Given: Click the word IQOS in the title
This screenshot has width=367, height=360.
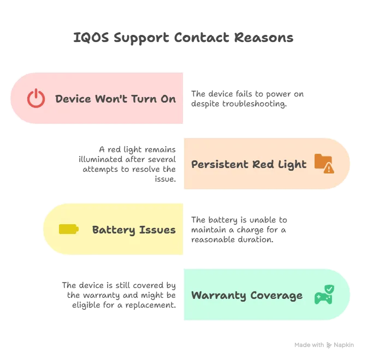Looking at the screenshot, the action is (x=91, y=38).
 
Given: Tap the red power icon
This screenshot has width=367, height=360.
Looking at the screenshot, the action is (x=36, y=98).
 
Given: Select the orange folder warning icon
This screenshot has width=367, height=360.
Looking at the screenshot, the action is (x=324, y=164).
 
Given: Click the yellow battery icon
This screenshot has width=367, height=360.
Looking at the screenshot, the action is (x=69, y=229).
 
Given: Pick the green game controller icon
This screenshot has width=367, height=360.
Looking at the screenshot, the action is (x=324, y=295).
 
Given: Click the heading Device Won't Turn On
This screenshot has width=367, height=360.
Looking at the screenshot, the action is (x=115, y=99).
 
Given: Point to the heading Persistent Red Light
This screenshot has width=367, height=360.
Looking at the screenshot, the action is (x=249, y=165).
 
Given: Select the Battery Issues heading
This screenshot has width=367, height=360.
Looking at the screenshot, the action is (x=134, y=230).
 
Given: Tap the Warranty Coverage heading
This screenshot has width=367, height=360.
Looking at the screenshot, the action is (x=247, y=296).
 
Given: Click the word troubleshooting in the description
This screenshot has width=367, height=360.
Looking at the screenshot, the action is (x=254, y=104).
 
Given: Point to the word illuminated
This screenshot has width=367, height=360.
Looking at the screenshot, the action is (x=100, y=159).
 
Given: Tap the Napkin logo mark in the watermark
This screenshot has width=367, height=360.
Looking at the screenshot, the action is (x=329, y=345).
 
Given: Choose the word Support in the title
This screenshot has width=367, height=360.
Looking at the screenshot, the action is (x=141, y=38).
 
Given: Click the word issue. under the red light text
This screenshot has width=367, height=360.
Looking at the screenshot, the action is (x=165, y=179).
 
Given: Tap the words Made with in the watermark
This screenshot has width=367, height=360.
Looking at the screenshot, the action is (x=309, y=345).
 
